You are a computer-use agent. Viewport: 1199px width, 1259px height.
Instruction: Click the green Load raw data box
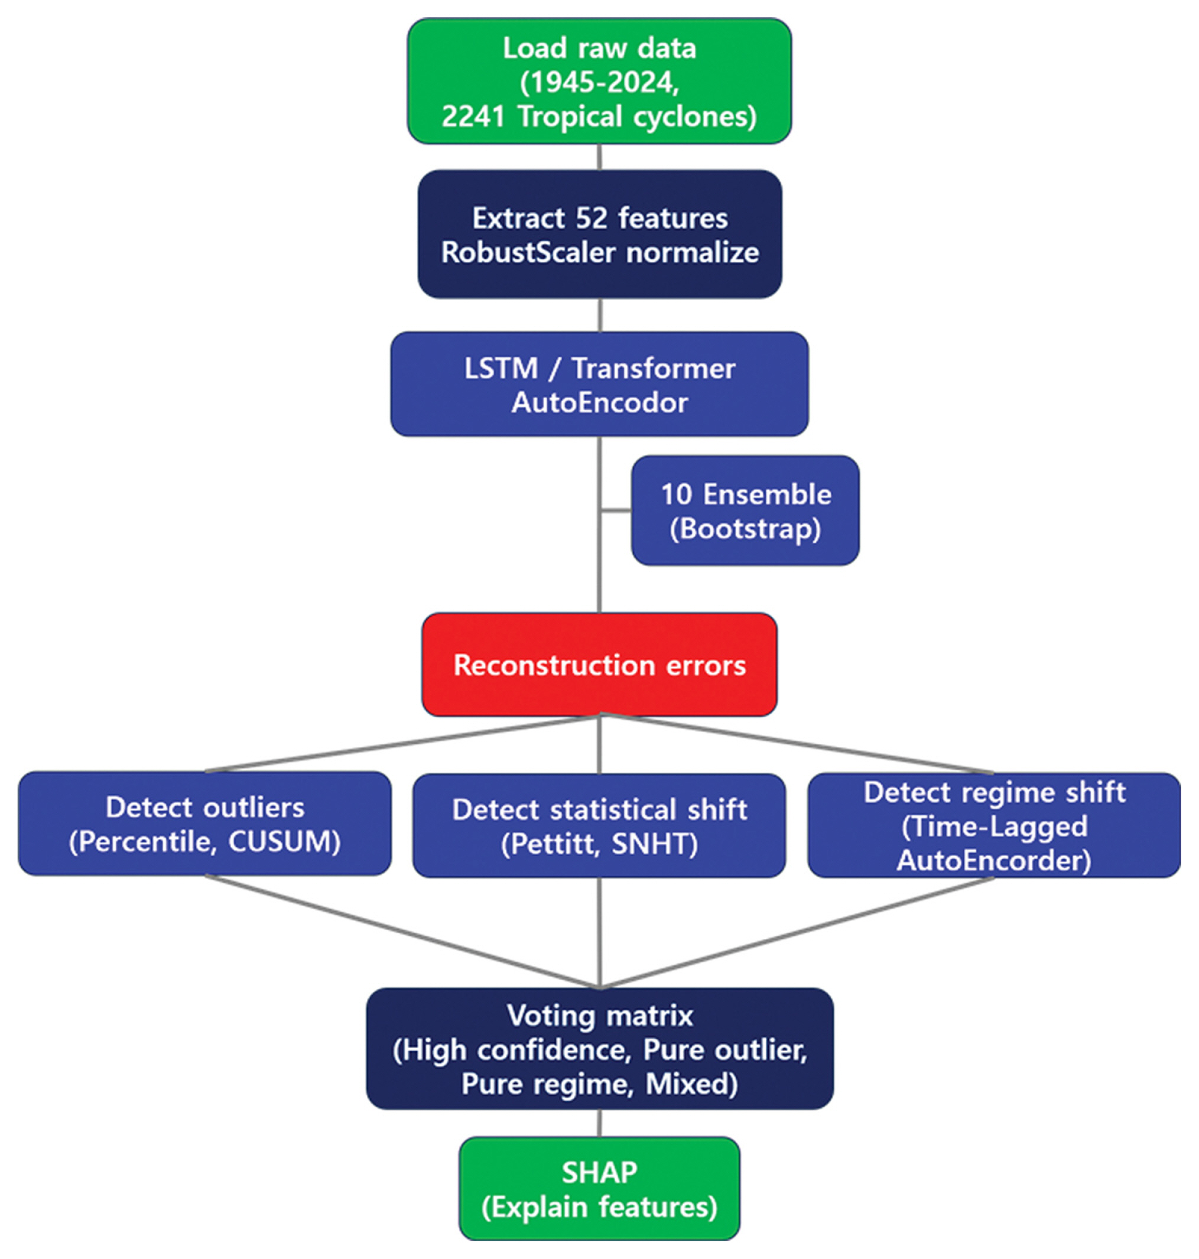click(x=599, y=81)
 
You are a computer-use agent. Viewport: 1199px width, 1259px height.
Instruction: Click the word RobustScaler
click(x=528, y=252)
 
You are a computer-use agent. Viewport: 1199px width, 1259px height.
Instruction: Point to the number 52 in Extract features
click(x=591, y=218)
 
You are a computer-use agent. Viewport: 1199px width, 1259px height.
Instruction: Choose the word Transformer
click(x=653, y=369)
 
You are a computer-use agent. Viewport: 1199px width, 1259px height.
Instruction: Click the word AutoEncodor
click(x=599, y=402)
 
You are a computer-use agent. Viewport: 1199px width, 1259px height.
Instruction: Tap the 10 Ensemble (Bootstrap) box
click(x=745, y=510)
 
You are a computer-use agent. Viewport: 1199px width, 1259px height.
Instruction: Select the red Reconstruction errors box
click(x=599, y=665)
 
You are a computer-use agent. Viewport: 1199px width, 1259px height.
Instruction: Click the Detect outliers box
click(x=204, y=824)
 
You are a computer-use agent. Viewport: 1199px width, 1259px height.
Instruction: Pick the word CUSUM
click(x=283, y=842)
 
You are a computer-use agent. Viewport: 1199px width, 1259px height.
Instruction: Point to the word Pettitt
click(x=554, y=844)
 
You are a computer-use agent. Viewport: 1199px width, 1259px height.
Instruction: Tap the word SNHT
click(x=653, y=844)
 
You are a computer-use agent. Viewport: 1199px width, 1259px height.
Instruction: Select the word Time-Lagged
click(x=995, y=827)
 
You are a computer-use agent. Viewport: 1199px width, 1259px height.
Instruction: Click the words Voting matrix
click(x=599, y=1016)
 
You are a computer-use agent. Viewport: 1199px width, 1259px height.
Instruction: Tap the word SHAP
click(x=599, y=1173)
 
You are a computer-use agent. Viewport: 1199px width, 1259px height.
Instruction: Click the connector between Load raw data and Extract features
click(x=599, y=157)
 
